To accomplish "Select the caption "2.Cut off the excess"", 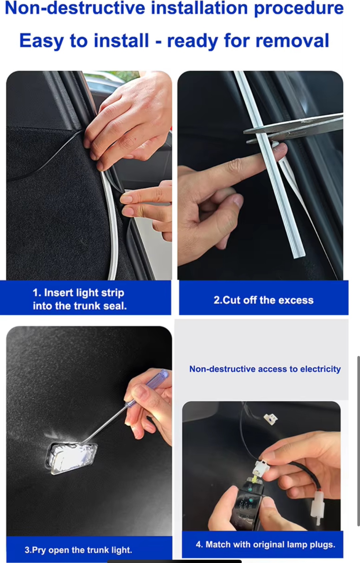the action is click(263, 300).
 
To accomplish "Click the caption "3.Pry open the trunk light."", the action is click(78, 550).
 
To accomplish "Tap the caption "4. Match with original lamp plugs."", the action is click(265, 544).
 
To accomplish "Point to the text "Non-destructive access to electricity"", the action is click(265, 369).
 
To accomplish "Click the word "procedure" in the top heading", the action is click(299, 8).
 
